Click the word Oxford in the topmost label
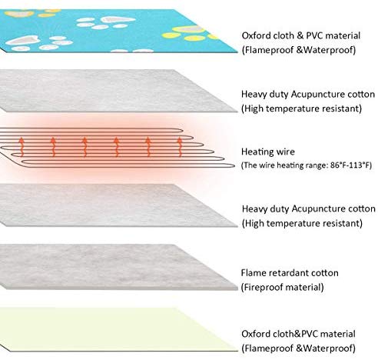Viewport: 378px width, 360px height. pyautogui.click(x=255, y=35)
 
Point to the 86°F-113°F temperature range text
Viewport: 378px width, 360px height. pyautogui.click(x=350, y=165)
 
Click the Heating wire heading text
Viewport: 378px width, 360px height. pyautogui.click(x=268, y=152)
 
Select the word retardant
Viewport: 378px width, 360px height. pyautogui.click(x=289, y=273)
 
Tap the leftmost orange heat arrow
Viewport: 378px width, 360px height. pyautogui.click(x=22, y=147)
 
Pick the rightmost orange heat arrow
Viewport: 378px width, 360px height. pyautogui.click(x=180, y=147)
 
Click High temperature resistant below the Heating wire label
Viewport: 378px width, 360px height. pyautogui.click(x=302, y=224)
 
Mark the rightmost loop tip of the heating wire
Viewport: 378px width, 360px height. pyautogui.click(x=234, y=165)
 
